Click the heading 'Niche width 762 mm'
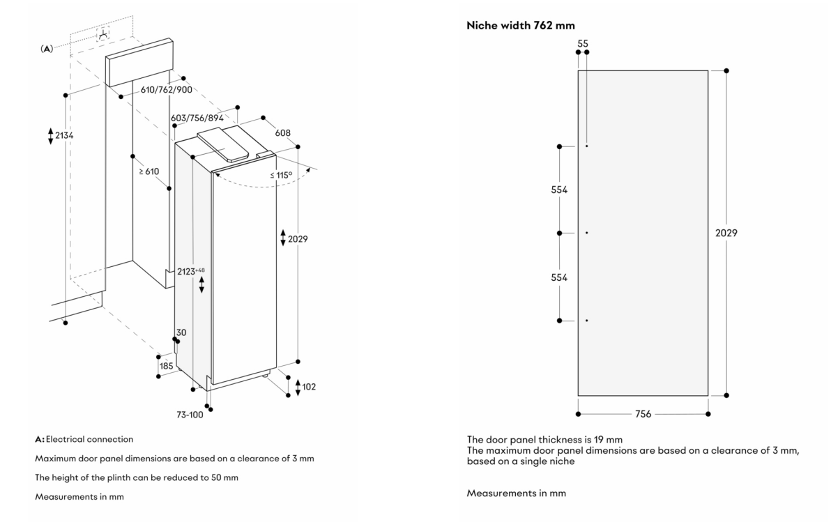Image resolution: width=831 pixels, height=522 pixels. click(515, 26)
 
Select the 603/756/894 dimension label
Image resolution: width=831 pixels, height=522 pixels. click(201, 118)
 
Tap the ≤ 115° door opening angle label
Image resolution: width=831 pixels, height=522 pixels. click(280, 175)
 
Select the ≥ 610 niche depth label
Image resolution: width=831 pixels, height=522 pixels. click(148, 171)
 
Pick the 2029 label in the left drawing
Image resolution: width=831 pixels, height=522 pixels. click(297, 238)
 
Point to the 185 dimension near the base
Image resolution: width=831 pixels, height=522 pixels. click(167, 365)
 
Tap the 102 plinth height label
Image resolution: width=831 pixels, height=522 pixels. click(309, 387)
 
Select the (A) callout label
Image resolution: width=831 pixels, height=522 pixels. click(47, 48)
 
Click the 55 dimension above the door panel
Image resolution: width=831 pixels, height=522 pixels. click(583, 43)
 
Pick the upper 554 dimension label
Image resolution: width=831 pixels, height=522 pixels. click(559, 190)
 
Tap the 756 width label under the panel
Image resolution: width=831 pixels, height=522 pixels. click(643, 414)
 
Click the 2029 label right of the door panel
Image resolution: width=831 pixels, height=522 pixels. click(726, 233)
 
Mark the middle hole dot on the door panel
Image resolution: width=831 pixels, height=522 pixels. click(587, 233)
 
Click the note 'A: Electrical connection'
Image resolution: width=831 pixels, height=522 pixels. click(84, 439)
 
